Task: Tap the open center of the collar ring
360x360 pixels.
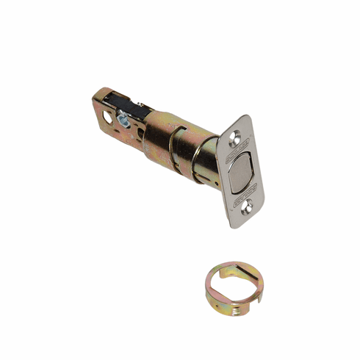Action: point(233,287)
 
